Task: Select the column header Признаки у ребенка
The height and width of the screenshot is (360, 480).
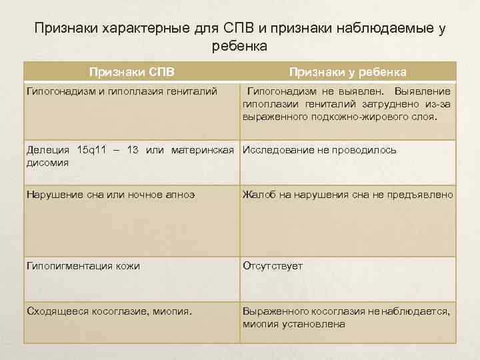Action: (347, 71)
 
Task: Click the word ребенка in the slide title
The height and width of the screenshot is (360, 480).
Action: (239, 47)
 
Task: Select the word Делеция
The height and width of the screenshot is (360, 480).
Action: (47, 149)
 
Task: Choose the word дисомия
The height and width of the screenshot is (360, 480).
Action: (47, 161)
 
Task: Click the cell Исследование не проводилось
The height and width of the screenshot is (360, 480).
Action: (319, 150)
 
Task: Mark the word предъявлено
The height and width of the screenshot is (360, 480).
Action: (426, 195)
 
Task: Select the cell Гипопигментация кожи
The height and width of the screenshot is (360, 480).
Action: (83, 265)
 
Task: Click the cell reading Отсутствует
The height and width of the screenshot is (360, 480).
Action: (273, 265)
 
